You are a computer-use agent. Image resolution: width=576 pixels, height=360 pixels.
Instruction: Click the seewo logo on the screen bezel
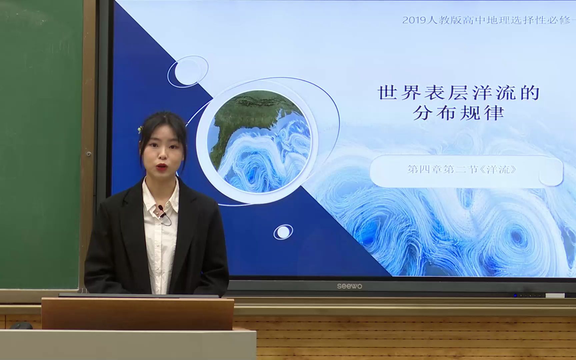349,286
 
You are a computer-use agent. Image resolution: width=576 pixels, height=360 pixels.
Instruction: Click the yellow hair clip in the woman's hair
140,129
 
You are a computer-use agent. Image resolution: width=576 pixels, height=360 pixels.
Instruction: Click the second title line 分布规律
458,113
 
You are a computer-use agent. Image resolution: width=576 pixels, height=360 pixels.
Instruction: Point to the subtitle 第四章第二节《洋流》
462,169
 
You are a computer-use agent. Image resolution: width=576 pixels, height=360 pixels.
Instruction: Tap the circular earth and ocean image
259,142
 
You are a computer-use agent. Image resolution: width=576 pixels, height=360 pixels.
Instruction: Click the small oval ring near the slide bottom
283,232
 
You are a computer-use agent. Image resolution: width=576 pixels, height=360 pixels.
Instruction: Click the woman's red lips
162,166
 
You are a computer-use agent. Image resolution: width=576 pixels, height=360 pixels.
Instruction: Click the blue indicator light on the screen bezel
515,295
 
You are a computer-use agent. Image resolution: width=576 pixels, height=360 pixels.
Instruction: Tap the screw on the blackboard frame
89,154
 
